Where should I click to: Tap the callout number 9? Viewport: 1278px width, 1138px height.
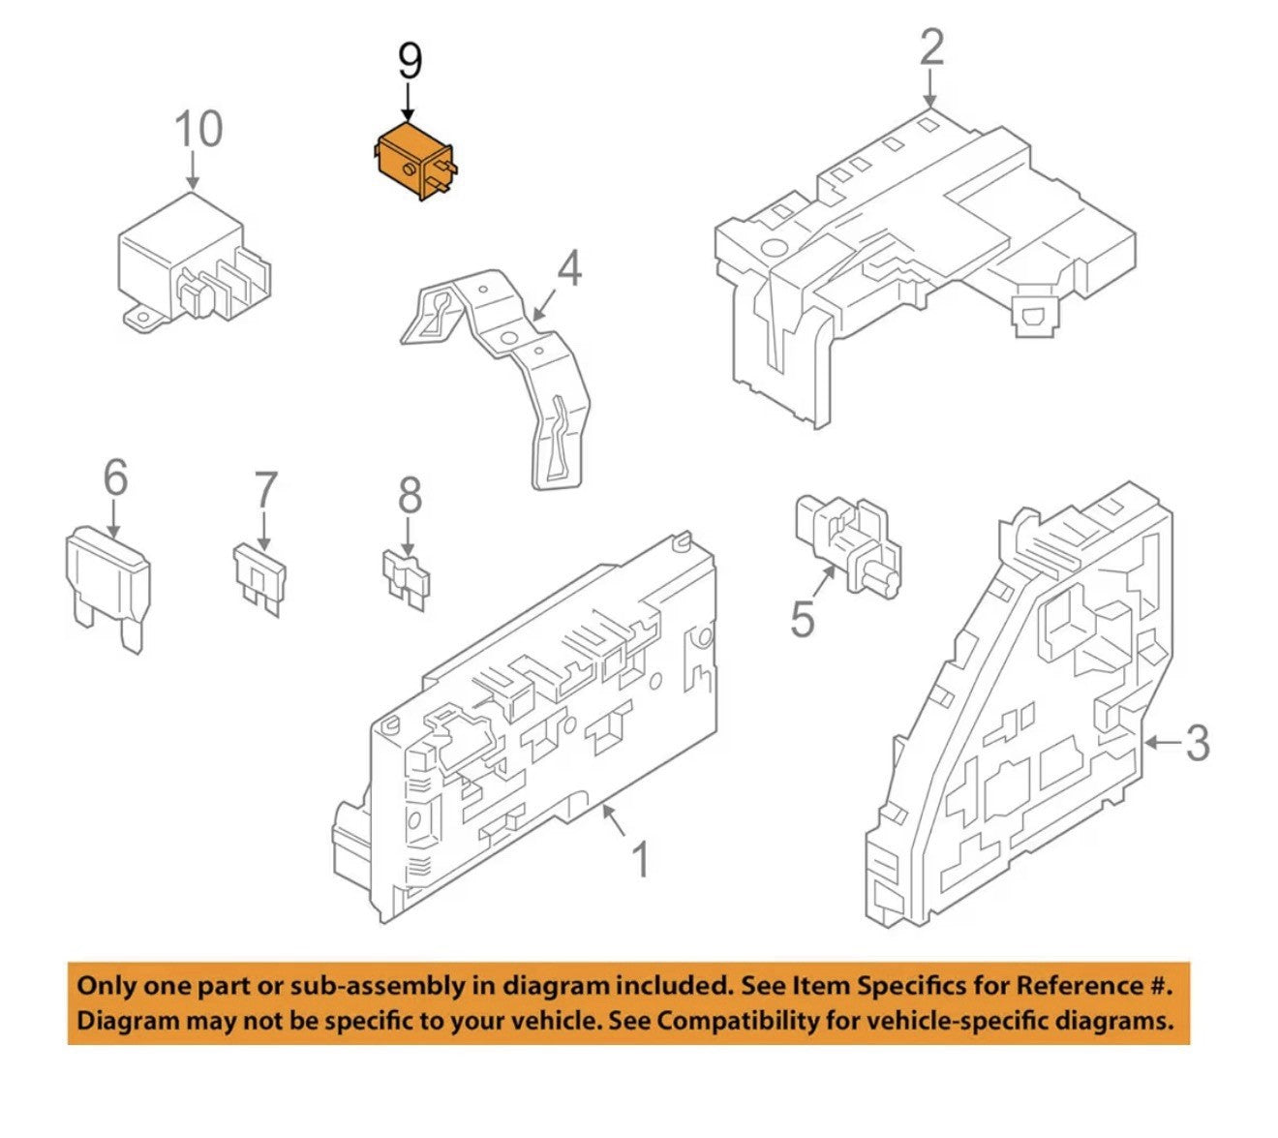click(410, 62)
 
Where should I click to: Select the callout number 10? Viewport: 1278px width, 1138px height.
click(198, 129)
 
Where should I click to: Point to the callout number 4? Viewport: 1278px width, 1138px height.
click(568, 267)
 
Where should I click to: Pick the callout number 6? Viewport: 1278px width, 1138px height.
click(115, 477)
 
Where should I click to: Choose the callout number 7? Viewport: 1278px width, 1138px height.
click(265, 490)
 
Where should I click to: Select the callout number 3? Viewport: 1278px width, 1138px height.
click(1198, 742)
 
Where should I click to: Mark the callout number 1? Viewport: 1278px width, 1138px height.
click(640, 860)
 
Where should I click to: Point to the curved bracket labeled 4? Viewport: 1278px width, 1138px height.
click(496, 378)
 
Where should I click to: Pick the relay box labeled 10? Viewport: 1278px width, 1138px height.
click(195, 261)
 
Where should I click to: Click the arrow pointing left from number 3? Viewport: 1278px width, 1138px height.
click(1163, 743)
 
